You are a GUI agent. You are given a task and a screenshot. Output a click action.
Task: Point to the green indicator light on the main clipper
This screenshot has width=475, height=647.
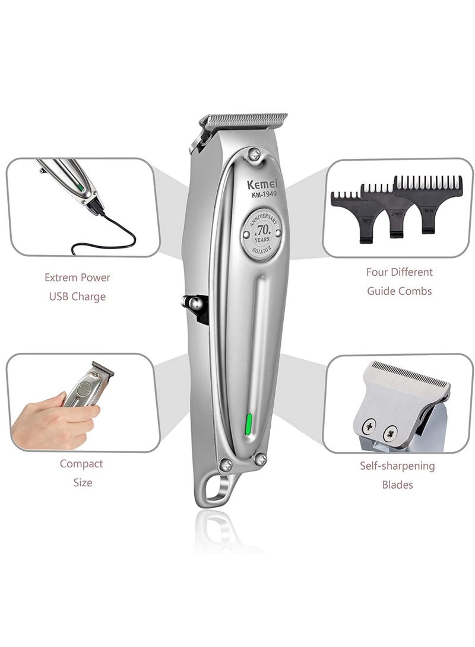[249, 423]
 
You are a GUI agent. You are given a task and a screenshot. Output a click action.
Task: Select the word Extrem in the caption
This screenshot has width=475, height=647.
[61, 278]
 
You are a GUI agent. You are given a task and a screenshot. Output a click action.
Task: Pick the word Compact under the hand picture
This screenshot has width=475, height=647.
[81, 464]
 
